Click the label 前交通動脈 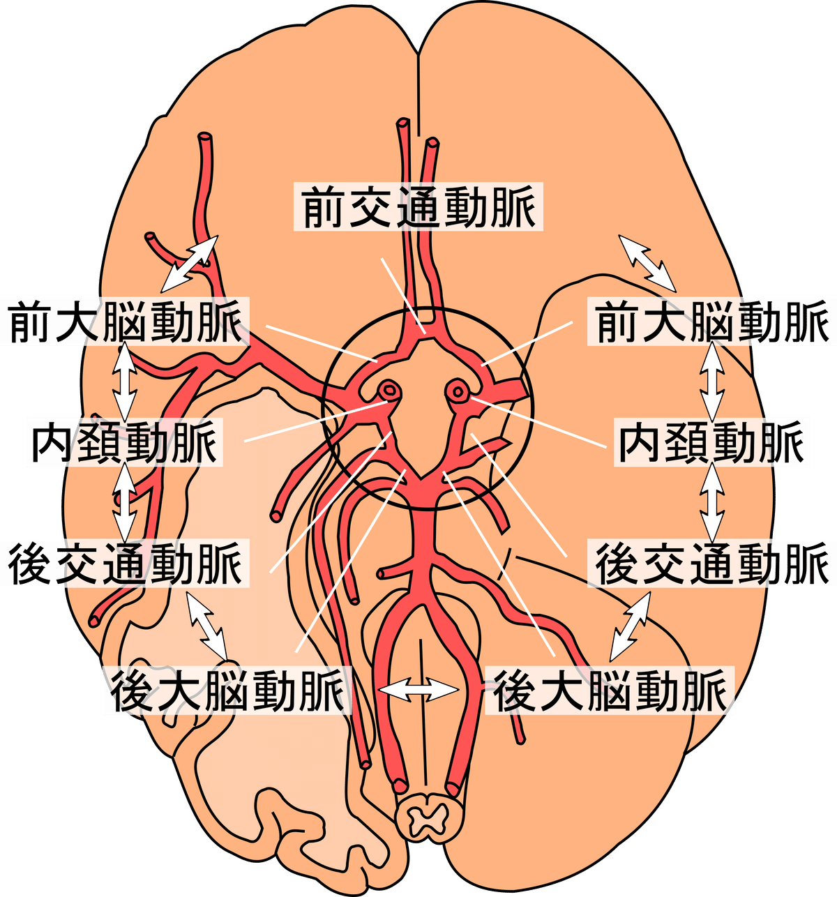tap(418, 207)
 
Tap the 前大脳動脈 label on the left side tap(126, 322)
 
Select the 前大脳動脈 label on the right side tap(712, 322)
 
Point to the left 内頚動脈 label tap(124, 442)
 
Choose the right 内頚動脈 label tap(712, 442)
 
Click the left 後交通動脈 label tap(126, 563)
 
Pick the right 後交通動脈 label tap(712, 563)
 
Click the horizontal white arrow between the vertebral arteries tap(418, 690)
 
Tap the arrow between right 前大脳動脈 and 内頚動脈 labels tap(712, 381)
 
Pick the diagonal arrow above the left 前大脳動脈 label tap(189, 264)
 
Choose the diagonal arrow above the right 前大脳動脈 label tap(647, 263)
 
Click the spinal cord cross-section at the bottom tap(425, 817)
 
